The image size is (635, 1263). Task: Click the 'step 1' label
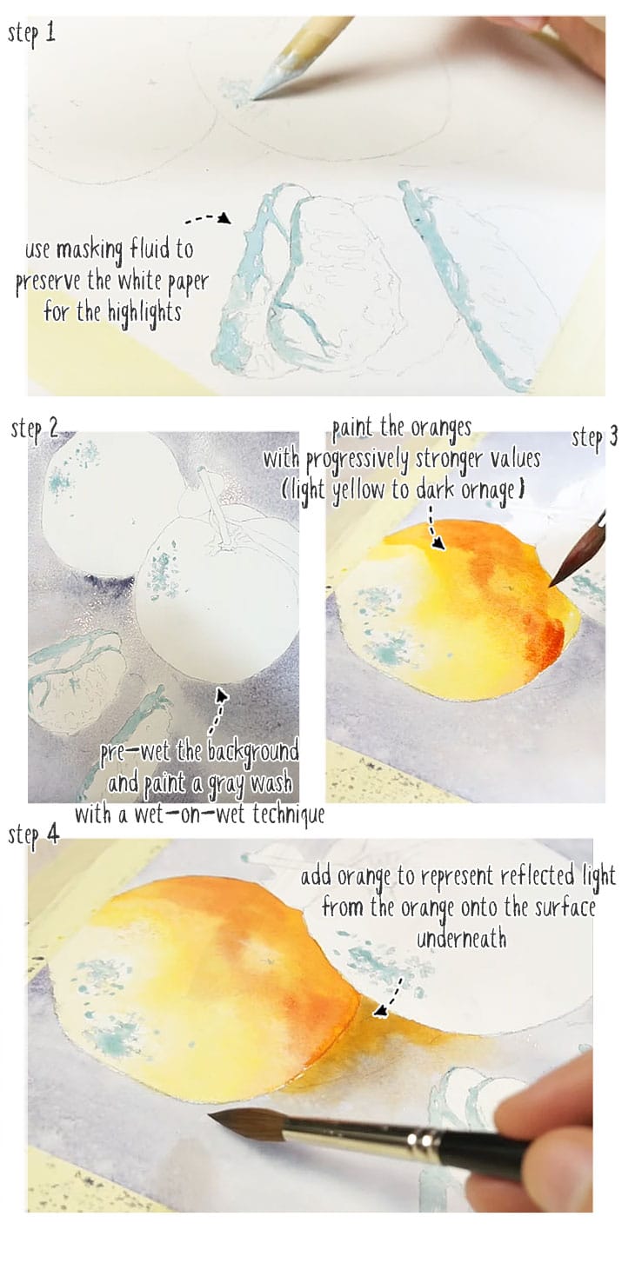31,35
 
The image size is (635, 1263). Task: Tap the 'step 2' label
35,429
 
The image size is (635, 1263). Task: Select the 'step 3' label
595,437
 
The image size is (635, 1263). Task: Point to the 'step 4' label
35,835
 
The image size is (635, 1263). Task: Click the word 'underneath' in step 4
461,938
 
